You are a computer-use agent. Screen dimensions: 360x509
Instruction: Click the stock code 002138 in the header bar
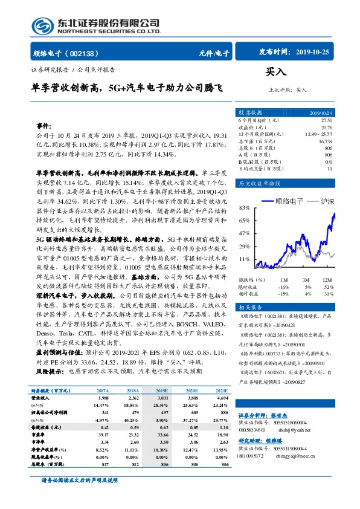point(86,53)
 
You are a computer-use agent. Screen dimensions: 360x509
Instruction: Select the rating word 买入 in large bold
point(275,72)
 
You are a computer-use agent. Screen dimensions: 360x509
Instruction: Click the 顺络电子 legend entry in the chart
point(289,199)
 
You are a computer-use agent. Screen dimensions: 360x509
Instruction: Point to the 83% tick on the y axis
point(245,207)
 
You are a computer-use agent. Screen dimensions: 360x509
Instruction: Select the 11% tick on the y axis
point(245,259)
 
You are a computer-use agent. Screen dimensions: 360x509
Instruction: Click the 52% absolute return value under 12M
point(328,287)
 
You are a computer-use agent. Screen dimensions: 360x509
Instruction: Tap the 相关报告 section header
point(249,307)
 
